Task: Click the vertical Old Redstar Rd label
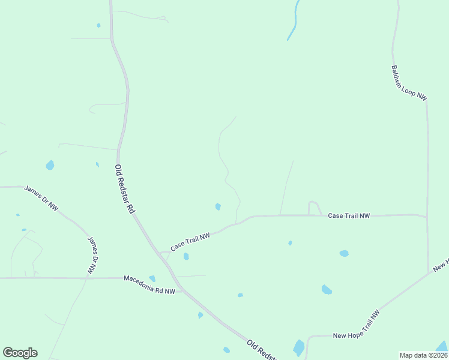(124, 190)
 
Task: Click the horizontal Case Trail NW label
(349, 215)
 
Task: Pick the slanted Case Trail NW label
(190, 242)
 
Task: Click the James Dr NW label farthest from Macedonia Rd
(41, 198)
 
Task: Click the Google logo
(20, 353)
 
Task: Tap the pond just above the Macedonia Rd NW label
(152, 278)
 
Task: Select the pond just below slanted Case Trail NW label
(186, 256)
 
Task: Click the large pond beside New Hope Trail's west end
(298, 347)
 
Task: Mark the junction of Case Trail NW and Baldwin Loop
(427, 217)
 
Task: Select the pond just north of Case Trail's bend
(218, 207)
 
